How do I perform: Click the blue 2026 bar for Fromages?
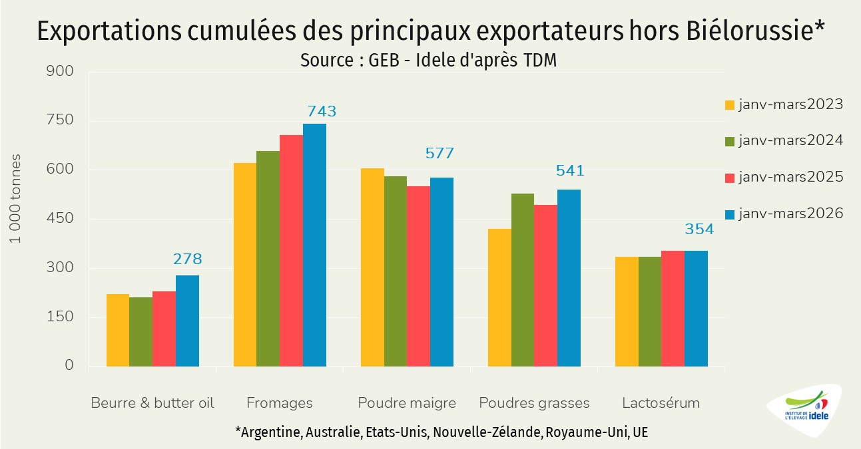314,245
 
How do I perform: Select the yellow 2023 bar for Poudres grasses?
499,297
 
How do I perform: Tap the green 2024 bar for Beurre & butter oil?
141,332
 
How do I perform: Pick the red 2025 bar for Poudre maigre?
419,277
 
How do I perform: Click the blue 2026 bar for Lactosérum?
696,309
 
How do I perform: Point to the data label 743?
322,111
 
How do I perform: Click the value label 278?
188,259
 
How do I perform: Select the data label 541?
570,170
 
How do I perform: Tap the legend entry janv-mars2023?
784,104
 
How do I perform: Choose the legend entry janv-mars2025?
784,177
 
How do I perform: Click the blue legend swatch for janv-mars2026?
730,214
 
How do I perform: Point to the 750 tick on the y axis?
59,120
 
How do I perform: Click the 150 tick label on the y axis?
59,317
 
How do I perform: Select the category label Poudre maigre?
407,403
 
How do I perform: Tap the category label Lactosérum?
661,403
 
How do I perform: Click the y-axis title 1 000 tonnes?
15,199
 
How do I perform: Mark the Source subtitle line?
429,61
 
